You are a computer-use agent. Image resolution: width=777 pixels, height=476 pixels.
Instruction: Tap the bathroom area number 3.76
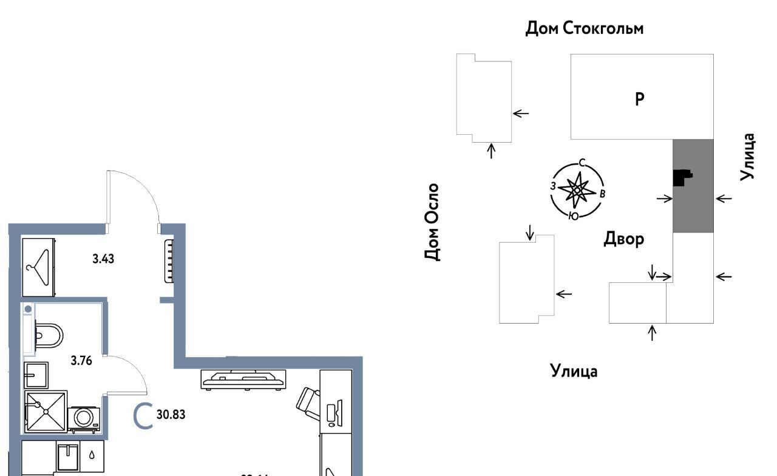[x=81, y=361]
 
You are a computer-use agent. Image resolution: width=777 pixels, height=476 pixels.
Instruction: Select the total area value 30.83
[x=171, y=415]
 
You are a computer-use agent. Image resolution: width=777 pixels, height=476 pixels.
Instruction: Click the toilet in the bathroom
[x=49, y=334]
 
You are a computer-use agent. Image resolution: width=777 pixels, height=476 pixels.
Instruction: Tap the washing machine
[x=84, y=418]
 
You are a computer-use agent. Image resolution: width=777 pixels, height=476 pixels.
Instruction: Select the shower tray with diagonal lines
[x=45, y=411]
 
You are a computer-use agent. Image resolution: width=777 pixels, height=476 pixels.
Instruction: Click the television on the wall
[x=243, y=379]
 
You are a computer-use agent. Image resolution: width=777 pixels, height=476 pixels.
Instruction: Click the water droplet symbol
[x=91, y=454]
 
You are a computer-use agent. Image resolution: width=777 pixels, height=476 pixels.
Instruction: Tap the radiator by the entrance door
[x=169, y=261]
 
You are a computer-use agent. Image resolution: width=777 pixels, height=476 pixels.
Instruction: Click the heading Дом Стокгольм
[x=584, y=29]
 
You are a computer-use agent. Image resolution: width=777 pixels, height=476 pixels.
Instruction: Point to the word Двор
[x=623, y=239]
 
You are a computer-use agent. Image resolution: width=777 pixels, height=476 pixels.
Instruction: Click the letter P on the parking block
[x=639, y=99]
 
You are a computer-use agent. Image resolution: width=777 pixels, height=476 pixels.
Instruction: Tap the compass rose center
[x=577, y=191]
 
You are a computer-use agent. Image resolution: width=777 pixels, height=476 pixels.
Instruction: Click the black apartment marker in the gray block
[x=682, y=177]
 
